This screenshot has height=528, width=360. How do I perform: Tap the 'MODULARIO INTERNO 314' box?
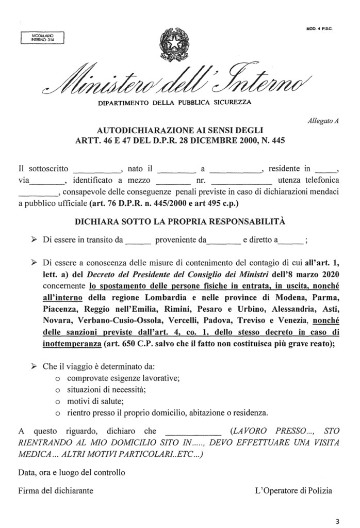pyautogui.click(x=40, y=37)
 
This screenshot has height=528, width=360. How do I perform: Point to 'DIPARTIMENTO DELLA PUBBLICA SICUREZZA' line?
pyautogui.click(x=175, y=102)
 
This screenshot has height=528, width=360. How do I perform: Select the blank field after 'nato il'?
pyautogui.click(x=176, y=169)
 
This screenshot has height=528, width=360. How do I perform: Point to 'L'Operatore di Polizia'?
pyautogui.click(x=293, y=490)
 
